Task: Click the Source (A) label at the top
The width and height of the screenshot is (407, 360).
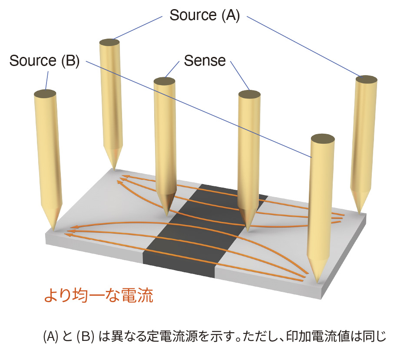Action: (x=205, y=16)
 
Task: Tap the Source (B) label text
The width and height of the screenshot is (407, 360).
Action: (x=44, y=61)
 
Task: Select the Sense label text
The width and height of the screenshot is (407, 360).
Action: (x=205, y=61)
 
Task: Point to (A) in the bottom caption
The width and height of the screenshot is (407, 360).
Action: (x=51, y=337)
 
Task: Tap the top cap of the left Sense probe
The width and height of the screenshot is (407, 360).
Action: (x=165, y=81)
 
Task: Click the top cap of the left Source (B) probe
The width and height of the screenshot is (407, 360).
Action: (x=44, y=93)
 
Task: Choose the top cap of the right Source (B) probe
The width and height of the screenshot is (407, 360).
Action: (x=322, y=139)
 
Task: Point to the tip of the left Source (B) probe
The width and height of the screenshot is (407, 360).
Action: (x=54, y=228)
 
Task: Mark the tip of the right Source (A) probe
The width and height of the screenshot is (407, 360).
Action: (x=361, y=212)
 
